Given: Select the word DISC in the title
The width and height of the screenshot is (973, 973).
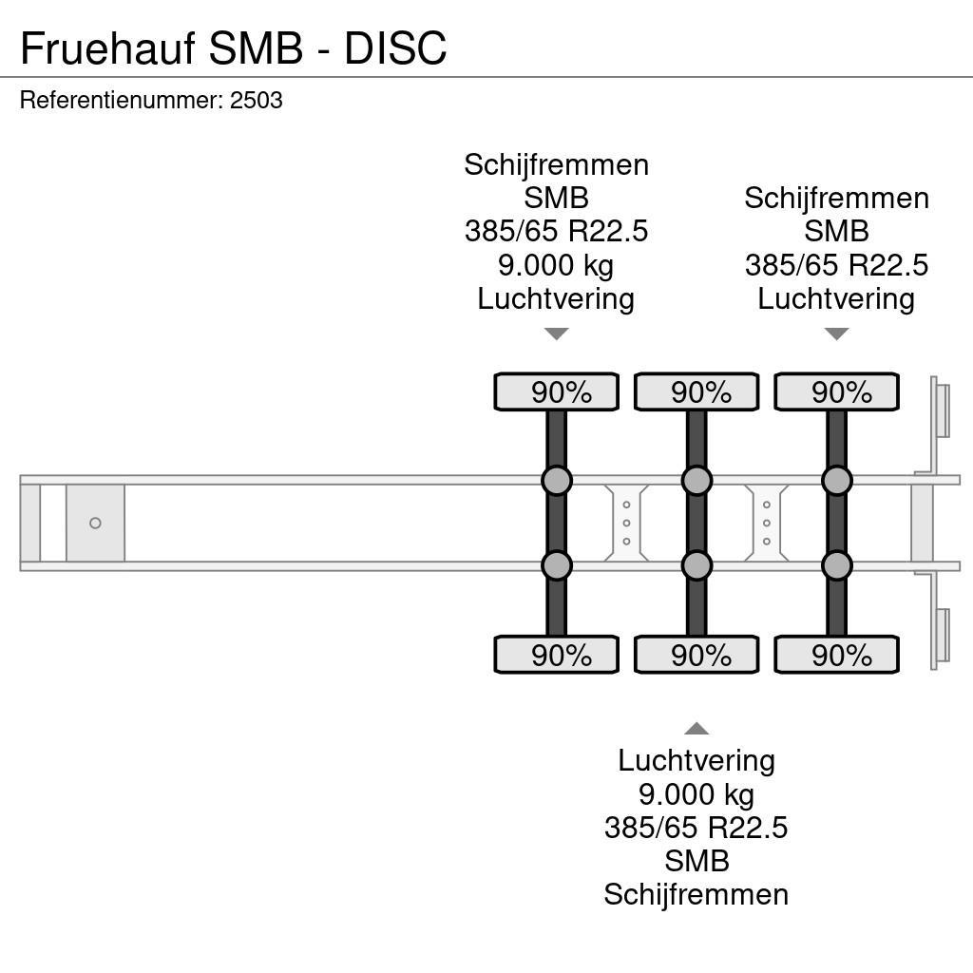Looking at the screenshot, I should click(x=395, y=48).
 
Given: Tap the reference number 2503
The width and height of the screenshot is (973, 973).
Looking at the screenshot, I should click(x=257, y=101).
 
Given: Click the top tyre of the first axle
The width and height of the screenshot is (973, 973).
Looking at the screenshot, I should click(x=556, y=392).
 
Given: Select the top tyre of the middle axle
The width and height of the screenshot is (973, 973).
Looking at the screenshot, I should click(x=696, y=392).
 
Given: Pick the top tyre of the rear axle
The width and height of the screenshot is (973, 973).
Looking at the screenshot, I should click(x=836, y=392).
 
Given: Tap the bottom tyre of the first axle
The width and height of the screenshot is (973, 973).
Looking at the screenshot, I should click(x=556, y=655).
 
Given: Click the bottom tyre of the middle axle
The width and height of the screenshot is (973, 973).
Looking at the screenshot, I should click(x=696, y=655).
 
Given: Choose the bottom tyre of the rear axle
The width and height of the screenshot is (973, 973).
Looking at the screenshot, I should click(x=836, y=655).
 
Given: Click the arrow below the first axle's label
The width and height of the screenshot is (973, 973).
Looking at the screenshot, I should click(x=556, y=334).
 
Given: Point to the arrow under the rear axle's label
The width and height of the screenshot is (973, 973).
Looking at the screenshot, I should click(x=836, y=334).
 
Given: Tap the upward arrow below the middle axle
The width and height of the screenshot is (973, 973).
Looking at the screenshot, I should click(x=696, y=729).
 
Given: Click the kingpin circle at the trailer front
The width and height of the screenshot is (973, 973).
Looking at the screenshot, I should click(x=95, y=524).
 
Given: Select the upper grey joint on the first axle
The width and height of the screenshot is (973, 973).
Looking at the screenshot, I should click(x=557, y=481).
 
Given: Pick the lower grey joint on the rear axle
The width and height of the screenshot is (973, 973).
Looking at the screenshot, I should click(x=837, y=566).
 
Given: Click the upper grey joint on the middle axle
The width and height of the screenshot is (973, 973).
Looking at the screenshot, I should click(x=696, y=481).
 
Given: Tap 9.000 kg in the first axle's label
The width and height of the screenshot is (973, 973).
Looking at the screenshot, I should click(x=556, y=265).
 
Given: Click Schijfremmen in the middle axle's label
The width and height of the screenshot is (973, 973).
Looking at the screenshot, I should click(x=696, y=894).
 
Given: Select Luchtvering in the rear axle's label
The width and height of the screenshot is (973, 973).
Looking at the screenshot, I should click(x=836, y=298).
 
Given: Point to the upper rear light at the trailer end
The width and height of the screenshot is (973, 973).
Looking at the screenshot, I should click(x=942, y=409).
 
